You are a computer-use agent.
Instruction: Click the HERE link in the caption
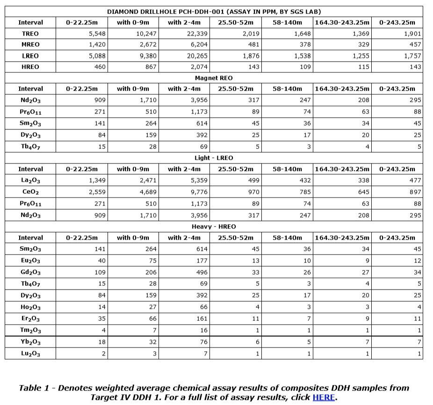click(x=324, y=398)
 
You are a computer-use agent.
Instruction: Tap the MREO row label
click(x=30, y=45)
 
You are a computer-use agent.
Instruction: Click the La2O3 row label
click(x=30, y=181)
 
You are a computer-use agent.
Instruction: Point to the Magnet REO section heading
click(x=214, y=78)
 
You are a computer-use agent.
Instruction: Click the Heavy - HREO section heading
click(x=214, y=227)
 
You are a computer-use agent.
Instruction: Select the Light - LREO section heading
click(x=214, y=158)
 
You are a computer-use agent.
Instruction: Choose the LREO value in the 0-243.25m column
click(x=411, y=56)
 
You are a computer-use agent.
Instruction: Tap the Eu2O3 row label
click(x=30, y=261)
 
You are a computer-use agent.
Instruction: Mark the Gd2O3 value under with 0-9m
click(x=149, y=272)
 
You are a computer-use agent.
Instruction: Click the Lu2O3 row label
click(x=30, y=354)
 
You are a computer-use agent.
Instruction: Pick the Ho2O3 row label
click(x=30, y=307)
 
